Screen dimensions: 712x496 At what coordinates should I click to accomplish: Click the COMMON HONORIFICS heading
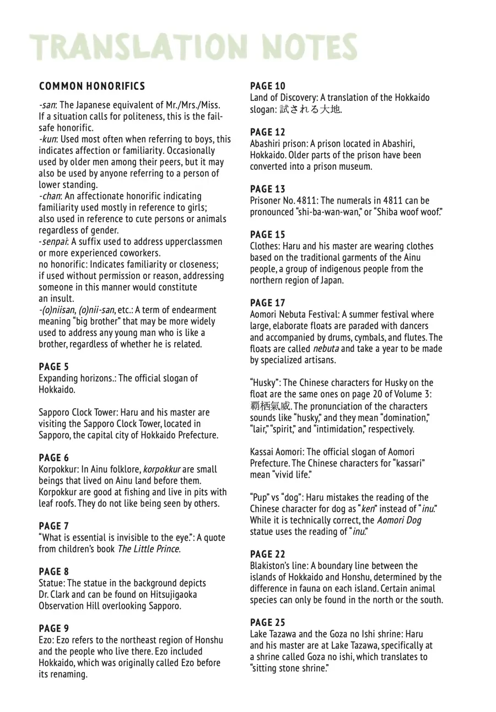[x=92, y=86]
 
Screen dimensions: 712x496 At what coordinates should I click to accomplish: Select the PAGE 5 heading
[x=54, y=367]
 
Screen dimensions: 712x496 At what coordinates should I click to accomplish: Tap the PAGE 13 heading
[x=268, y=189]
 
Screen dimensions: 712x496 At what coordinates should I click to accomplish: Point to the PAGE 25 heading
[x=268, y=623]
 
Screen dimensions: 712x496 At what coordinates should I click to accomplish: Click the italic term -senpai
[x=53, y=242]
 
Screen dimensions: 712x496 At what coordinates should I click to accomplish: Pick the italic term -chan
[x=50, y=196]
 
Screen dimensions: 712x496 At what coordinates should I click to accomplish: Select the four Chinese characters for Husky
[x=270, y=406]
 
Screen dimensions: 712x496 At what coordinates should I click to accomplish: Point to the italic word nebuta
[x=326, y=349]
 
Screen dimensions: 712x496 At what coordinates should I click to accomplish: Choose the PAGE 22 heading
[x=268, y=554]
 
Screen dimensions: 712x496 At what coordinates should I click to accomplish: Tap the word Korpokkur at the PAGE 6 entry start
[x=58, y=469]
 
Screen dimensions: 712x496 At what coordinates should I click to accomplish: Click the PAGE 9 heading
[x=54, y=628]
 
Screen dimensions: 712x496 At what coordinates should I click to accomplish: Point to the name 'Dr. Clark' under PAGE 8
[x=55, y=595]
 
